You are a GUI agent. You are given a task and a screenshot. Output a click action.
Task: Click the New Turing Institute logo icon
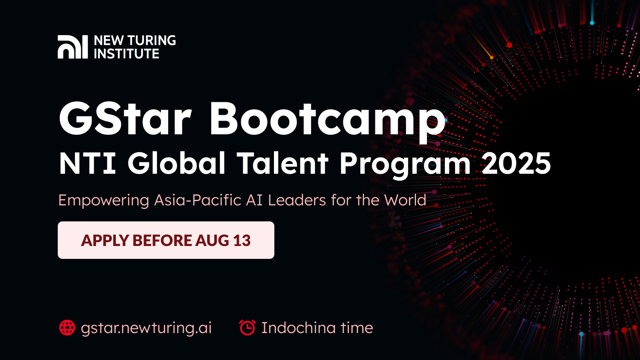(73, 47)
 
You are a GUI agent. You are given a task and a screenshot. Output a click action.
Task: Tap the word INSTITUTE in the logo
(126, 54)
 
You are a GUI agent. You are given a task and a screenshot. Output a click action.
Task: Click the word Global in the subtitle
(176, 163)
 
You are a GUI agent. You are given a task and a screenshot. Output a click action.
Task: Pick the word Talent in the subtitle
(283, 163)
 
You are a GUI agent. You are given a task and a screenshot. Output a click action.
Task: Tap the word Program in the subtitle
(405, 163)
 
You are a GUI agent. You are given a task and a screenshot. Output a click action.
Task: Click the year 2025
(516, 163)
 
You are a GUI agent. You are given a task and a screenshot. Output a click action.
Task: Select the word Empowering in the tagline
(104, 200)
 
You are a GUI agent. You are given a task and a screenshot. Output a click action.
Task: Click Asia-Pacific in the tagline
(198, 200)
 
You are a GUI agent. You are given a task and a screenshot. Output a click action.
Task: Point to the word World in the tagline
(405, 200)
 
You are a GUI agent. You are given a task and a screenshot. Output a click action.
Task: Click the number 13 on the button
(242, 241)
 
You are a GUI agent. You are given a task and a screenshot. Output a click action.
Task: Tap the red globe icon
(67, 328)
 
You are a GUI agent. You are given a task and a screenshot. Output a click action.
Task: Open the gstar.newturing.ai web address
(146, 328)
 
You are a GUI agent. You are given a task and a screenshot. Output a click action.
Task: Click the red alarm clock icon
(247, 328)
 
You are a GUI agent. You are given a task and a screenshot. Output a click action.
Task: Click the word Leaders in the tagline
(297, 200)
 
